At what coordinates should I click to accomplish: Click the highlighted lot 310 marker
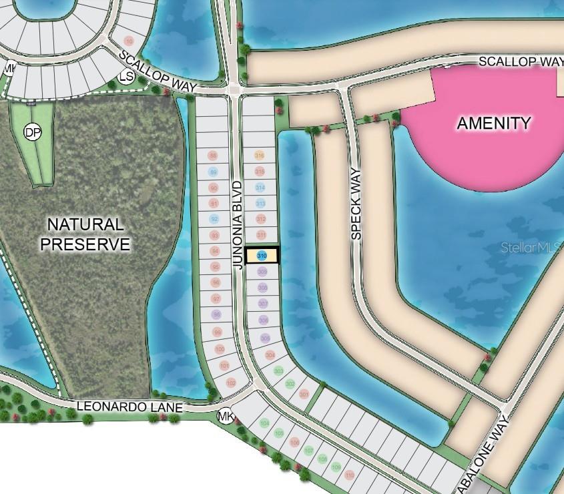[262, 255]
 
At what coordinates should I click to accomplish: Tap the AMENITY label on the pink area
[494, 123]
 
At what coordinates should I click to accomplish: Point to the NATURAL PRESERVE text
[85, 234]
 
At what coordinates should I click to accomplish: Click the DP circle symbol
[32, 132]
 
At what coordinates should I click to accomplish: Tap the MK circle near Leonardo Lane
[226, 417]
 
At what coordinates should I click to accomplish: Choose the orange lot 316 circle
[260, 155]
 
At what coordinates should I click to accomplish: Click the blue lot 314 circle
[260, 187]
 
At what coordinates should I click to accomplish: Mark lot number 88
[214, 156]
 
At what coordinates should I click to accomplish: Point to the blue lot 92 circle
[214, 219]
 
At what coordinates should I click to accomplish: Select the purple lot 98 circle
[216, 314]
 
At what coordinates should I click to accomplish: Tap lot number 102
[231, 383]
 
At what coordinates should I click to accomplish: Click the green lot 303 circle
[279, 370]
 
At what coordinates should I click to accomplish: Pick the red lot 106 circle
[294, 442]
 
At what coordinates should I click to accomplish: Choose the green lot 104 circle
[265, 423]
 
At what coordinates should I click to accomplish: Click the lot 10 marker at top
[129, 41]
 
